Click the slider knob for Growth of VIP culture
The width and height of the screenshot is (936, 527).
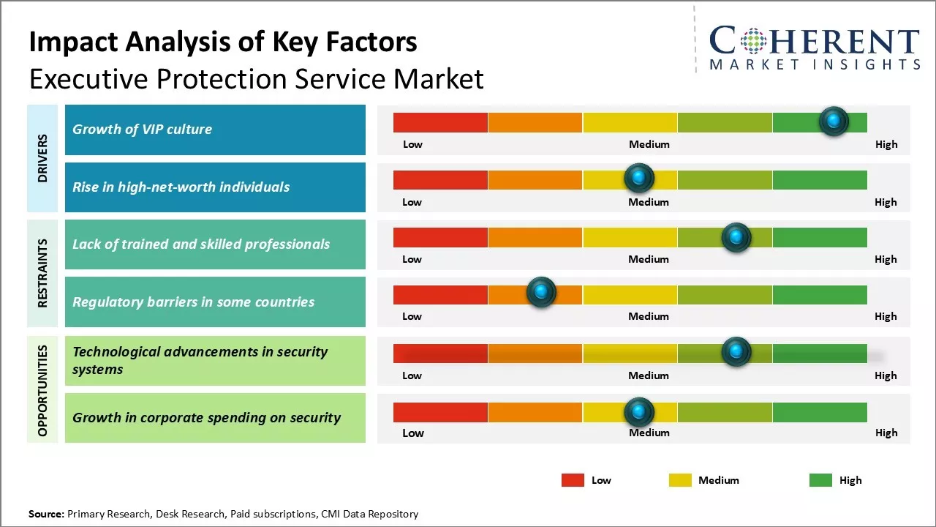(x=834, y=122)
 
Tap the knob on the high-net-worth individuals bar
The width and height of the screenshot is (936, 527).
(x=639, y=178)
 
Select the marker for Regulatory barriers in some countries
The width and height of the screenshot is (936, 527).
(x=541, y=293)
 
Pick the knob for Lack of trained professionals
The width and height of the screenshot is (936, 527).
(x=736, y=237)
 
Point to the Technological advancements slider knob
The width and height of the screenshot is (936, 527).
(x=736, y=352)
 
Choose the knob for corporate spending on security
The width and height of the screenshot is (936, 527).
(x=639, y=412)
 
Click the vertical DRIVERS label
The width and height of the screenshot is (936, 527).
(x=42, y=158)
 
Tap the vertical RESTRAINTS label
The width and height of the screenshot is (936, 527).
(x=42, y=273)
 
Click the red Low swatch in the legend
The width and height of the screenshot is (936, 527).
(x=573, y=480)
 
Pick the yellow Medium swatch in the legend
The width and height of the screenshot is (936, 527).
(x=680, y=480)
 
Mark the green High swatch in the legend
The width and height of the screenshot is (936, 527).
(x=820, y=480)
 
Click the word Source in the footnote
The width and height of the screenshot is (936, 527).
(x=47, y=514)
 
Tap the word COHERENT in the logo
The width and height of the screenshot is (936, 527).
(x=815, y=42)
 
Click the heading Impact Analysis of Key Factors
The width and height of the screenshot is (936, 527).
(x=223, y=42)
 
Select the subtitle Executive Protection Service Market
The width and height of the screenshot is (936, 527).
(x=256, y=78)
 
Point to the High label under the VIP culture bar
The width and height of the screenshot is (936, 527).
(x=886, y=144)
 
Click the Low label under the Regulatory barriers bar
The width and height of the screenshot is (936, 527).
(x=412, y=316)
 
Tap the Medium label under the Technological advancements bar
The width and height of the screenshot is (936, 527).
(x=649, y=375)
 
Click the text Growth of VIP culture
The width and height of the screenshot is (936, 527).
(x=142, y=130)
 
